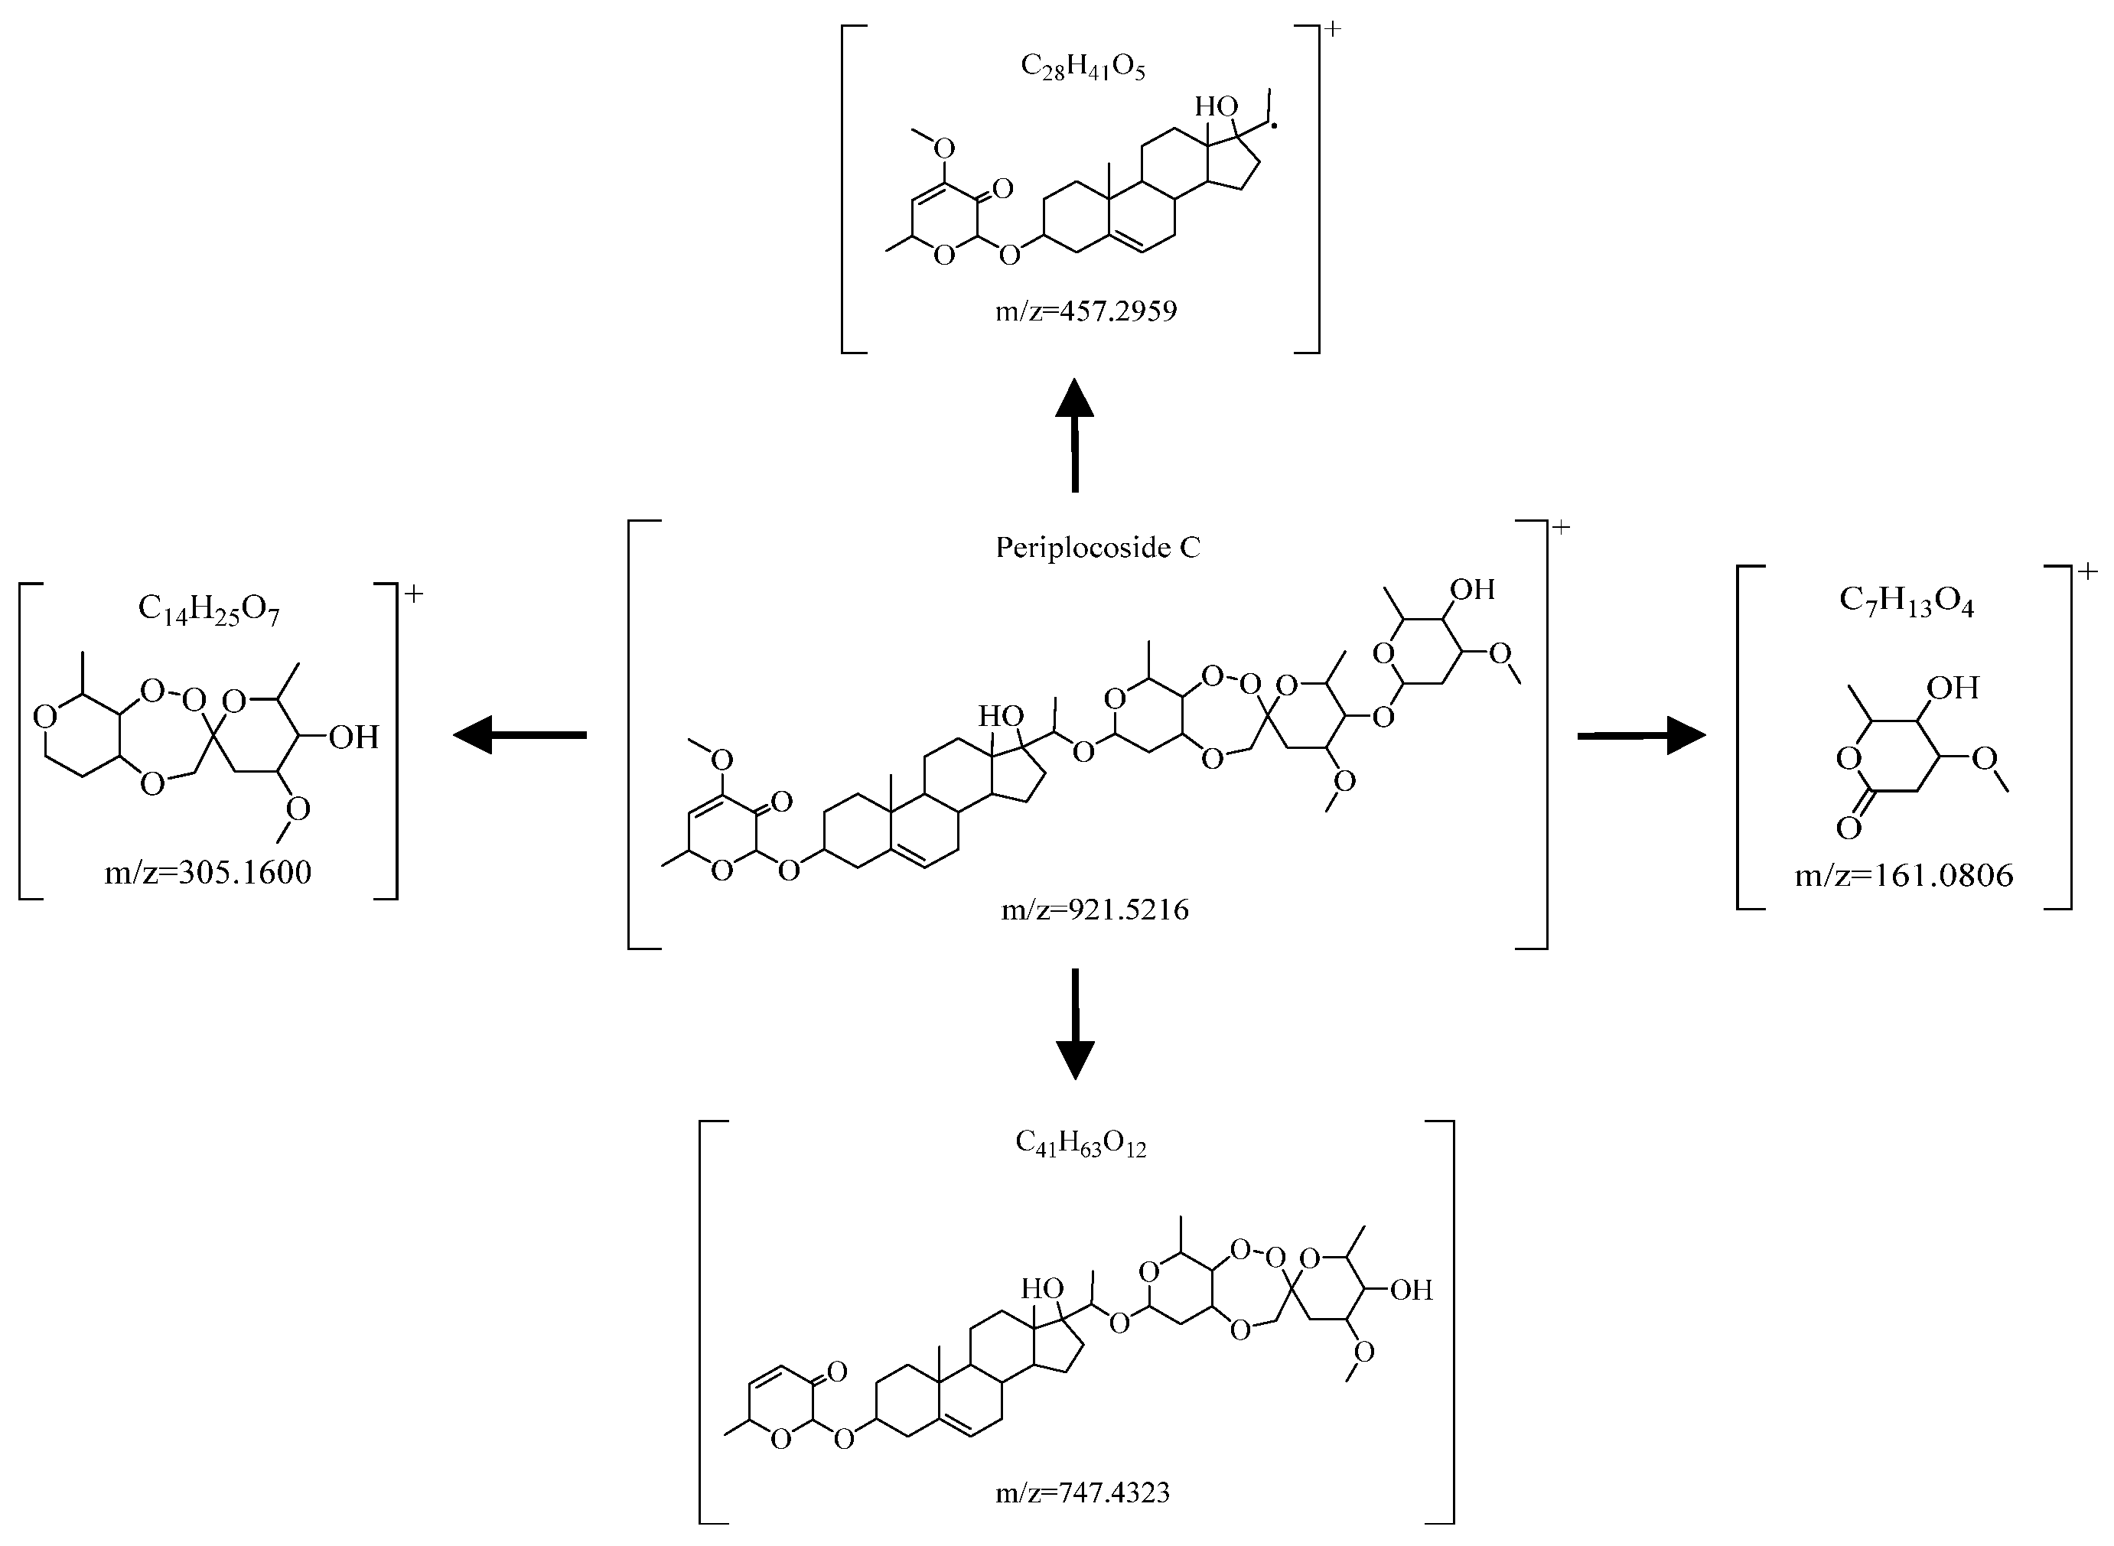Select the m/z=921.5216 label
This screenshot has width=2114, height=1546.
tap(1095, 909)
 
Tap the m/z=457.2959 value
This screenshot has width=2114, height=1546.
tap(1086, 311)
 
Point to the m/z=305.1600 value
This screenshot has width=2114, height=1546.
tap(208, 873)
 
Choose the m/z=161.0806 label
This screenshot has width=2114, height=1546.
tap(1904, 876)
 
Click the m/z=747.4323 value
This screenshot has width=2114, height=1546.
tap(1082, 1492)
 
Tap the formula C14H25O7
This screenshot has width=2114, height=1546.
tap(209, 609)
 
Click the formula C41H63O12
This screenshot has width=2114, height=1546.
tap(1081, 1144)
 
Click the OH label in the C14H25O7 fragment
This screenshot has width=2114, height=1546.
tap(353, 737)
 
